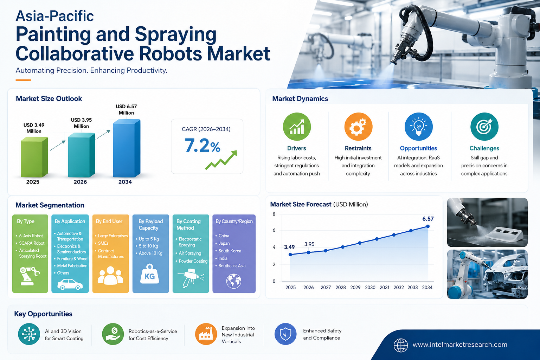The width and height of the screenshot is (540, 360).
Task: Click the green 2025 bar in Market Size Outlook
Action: tap(34, 157)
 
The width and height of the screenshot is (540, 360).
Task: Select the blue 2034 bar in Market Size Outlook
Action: tap(127, 148)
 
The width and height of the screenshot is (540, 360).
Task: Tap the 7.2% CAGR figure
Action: tap(202, 146)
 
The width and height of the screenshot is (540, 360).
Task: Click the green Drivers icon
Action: tap(297, 127)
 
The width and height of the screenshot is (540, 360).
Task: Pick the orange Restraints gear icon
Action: tap(358, 127)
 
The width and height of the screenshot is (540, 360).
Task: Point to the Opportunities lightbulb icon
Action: tap(418, 127)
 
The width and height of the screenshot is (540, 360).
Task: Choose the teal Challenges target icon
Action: tap(484, 127)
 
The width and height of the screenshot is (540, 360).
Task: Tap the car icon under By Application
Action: tap(70, 284)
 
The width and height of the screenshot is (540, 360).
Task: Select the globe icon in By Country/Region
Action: tap(233, 281)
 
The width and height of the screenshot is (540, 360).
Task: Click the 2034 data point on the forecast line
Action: tap(428, 226)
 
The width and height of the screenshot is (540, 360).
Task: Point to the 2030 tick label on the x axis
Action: tap(370, 288)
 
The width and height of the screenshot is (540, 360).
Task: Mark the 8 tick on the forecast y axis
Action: tap(274, 214)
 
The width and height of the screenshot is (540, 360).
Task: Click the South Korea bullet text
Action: tap(230, 251)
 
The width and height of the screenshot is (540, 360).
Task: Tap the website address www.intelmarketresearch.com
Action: tap(460, 345)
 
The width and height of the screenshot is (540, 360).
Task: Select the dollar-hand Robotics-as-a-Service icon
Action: tap(113, 334)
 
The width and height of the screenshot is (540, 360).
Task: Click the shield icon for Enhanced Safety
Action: tap(285, 334)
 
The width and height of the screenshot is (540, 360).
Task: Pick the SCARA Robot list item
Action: tap(32, 243)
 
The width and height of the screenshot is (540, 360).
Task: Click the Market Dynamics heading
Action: tap(300, 99)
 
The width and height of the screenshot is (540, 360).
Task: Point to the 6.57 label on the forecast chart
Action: tap(428, 219)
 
